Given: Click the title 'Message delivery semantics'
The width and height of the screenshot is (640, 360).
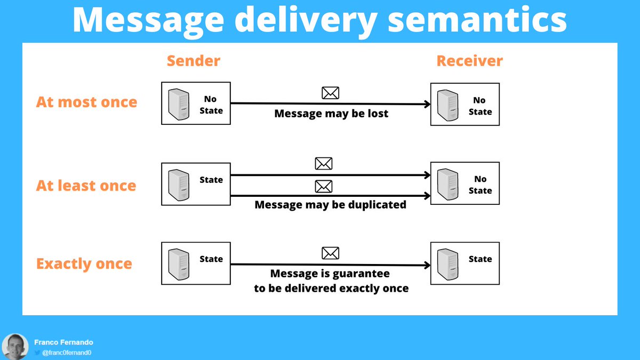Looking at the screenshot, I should click(x=319, y=20).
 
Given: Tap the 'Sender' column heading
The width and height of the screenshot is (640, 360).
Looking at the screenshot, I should click(x=193, y=61).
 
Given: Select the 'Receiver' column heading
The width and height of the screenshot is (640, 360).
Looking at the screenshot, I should click(x=469, y=61).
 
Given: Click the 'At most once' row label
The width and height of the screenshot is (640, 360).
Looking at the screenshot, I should click(x=86, y=102).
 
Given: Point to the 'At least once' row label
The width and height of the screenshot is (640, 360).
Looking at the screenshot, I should click(x=86, y=186).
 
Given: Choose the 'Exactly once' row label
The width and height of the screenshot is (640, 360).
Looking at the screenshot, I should click(x=84, y=264).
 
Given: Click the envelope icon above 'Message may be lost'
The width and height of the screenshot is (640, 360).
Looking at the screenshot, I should click(x=330, y=93).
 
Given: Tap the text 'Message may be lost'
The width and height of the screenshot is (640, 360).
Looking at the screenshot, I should click(x=331, y=114).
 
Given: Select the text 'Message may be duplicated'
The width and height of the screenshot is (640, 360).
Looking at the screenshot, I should click(x=330, y=205).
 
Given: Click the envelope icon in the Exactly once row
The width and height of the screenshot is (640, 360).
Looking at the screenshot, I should click(x=330, y=253).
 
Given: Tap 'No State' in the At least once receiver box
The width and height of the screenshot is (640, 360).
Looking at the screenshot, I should click(x=480, y=185).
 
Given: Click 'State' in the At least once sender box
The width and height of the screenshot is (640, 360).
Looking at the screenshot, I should click(x=211, y=180).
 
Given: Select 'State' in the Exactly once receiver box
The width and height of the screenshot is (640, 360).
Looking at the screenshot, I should click(x=480, y=259).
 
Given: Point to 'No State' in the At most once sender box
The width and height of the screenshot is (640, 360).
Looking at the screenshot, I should click(x=211, y=105).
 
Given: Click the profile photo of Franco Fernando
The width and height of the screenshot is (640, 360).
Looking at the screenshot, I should click(x=15, y=347).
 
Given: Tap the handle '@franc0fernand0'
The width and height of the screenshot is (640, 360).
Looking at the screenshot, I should click(x=63, y=353).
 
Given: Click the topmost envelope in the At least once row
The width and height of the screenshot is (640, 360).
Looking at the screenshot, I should click(x=324, y=164).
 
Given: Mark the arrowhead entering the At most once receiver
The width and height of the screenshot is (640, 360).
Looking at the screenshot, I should click(x=427, y=105).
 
